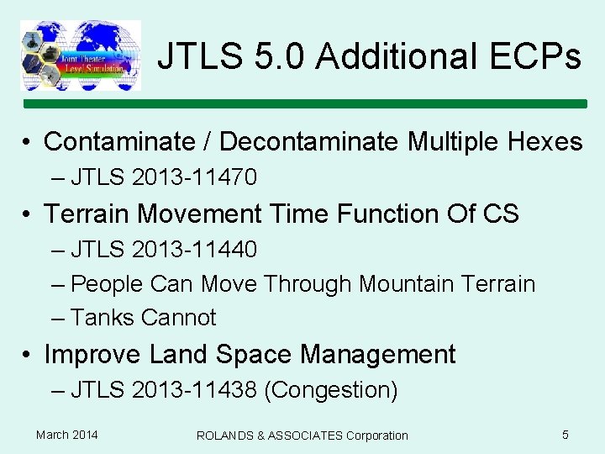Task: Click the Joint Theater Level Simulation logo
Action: pyautogui.click(x=81, y=55)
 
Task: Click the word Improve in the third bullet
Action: pyautogui.click(x=93, y=354)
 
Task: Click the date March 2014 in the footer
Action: pyautogui.click(x=66, y=435)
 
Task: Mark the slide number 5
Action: pyautogui.click(x=566, y=435)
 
